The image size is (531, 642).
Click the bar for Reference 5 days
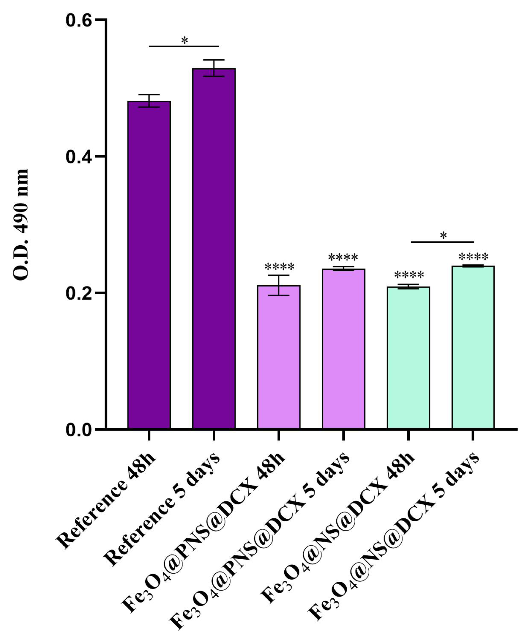[214, 249]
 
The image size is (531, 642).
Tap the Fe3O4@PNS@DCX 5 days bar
[343, 349]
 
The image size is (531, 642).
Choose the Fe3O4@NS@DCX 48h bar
[408, 358]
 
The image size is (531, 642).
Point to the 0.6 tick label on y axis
[79, 20]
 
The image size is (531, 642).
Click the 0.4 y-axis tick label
[79, 157]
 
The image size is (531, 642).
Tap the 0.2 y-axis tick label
[79, 294]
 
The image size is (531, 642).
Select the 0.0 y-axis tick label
[79, 430]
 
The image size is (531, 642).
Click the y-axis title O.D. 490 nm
[21, 225]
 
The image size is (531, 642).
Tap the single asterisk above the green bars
[443, 236]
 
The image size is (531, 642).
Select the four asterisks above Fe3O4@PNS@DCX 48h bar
[280, 267]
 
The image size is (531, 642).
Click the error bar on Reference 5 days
[214, 68]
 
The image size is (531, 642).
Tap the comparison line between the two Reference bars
[184, 46]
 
